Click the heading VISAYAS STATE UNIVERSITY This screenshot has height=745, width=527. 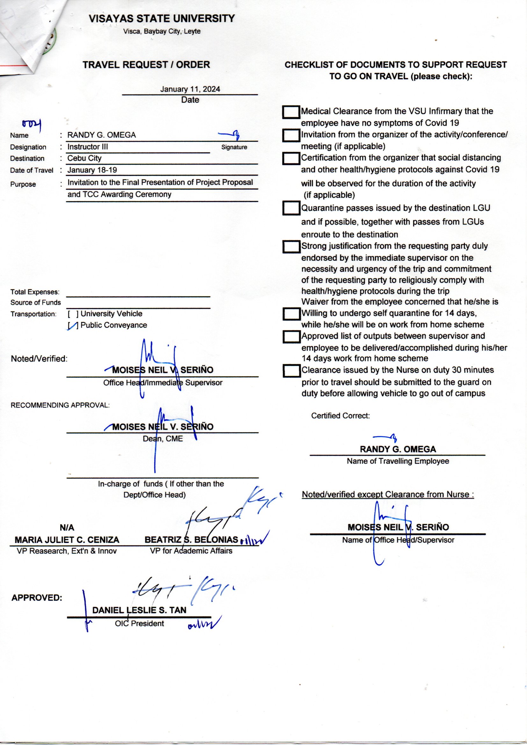[x=162, y=19]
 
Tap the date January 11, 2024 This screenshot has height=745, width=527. [x=190, y=89]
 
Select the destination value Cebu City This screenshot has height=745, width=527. [x=84, y=158]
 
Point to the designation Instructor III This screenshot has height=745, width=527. [x=88, y=147]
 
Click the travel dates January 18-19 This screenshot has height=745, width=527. [x=92, y=170]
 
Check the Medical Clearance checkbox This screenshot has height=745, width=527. [x=291, y=112]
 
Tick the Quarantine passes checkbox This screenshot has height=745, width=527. [x=291, y=208]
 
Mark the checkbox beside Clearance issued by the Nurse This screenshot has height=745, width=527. [x=291, y=371]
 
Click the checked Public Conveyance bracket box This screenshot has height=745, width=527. [x=73, y=325]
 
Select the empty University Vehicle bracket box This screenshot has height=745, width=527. [x=73, y=314]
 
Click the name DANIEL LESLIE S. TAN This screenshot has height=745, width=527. [x=139, y=610]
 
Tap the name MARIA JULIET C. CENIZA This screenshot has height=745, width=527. [x=67, y=539]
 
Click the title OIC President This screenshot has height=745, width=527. [x=139, y=623]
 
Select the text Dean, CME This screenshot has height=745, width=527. [x=163, y=439]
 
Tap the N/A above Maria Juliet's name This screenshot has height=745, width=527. [x=67, y=528]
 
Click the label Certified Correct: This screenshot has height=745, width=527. [x=340, y=416]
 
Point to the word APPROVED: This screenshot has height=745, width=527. [x=37, y=598]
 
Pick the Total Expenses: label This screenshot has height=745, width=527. [x=35, y=292]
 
